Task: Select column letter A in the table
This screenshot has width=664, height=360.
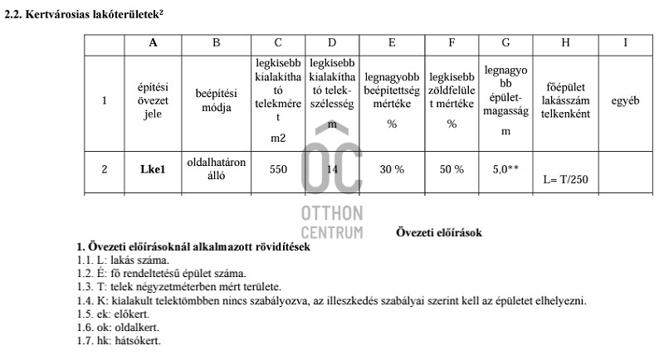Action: [x=153, y=42]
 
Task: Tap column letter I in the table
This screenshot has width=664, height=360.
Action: [x=624, y=42]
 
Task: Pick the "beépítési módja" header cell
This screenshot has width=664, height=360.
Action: [x=216, y=101]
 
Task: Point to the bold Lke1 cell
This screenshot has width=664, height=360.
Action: [x=153, y=170]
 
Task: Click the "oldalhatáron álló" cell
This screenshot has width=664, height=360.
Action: [x=216, y=169]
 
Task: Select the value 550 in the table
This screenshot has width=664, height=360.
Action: [x=278, y=169]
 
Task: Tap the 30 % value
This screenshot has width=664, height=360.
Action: [x=392, y=169]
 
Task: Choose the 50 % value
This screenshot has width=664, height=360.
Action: [x=452, y=169]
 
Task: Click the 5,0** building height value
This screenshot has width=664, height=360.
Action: [x=505, y=169]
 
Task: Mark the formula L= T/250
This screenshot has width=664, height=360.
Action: [x=565, y=178]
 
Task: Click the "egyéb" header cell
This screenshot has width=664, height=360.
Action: [x=624, y=101]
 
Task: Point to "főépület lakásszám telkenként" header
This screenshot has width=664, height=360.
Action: [x=565, y=101]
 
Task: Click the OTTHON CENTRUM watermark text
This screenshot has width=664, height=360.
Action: [x=331, y=222]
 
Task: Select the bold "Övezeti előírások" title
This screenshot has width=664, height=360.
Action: [x=438, y=232]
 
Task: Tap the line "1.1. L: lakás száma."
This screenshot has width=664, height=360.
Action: [x=123, y=260]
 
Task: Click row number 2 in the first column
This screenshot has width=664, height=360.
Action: [x=105, y=170]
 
